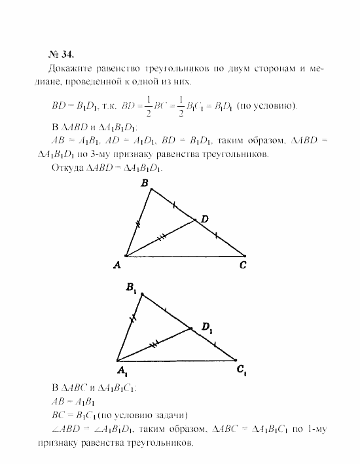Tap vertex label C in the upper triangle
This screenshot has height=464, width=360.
tap(243, 264)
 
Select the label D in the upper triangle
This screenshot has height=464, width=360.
tap(204, 219)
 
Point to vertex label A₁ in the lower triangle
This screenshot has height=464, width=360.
tap(122, 371)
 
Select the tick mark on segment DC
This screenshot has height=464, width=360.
tap(217, 236)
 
